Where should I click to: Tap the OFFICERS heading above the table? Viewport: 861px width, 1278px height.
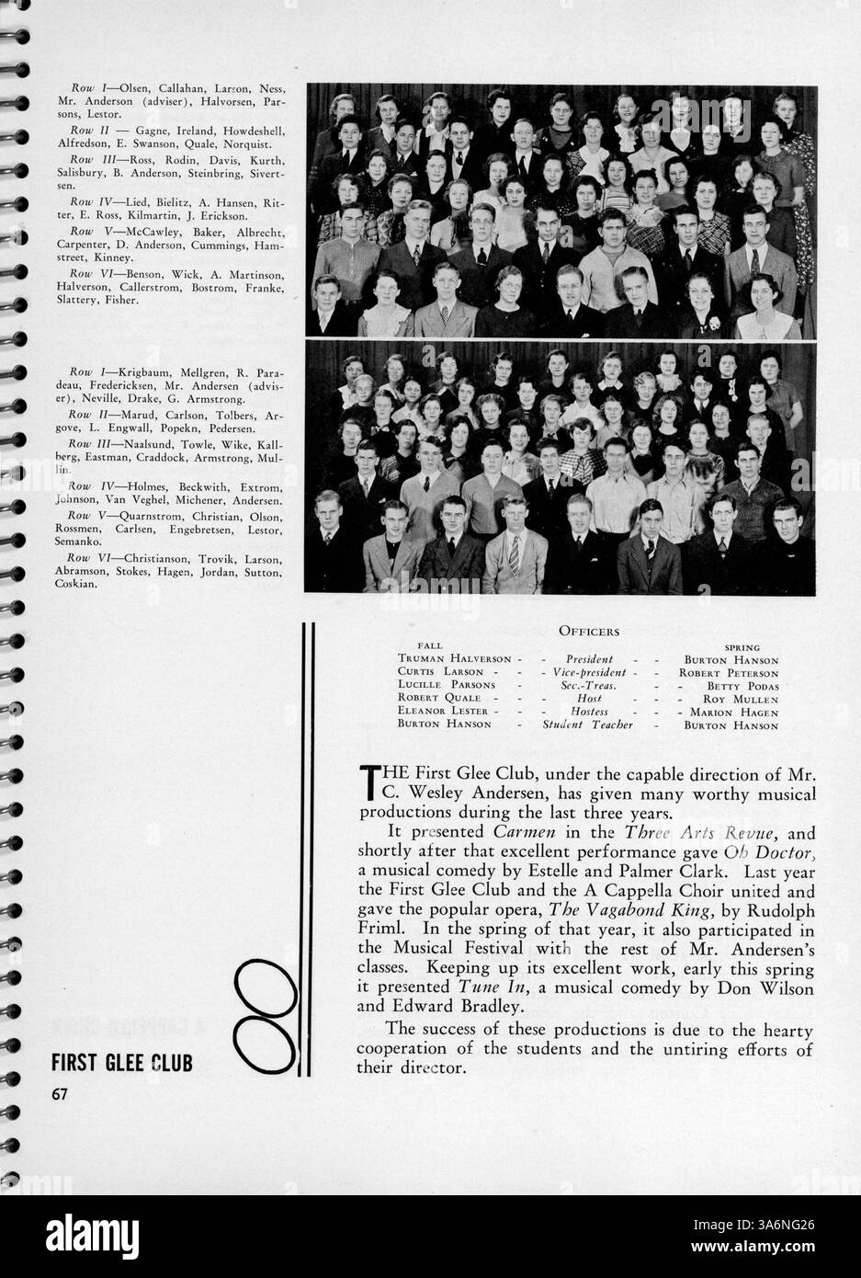click(x=588, y=631)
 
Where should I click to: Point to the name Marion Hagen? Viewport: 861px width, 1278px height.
click(x=733, y=712)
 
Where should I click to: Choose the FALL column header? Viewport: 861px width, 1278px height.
click(x=430, y=647)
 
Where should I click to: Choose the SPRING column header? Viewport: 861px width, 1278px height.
click(x=742, y=647)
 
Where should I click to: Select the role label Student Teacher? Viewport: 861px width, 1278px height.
click(x=588, y=725)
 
